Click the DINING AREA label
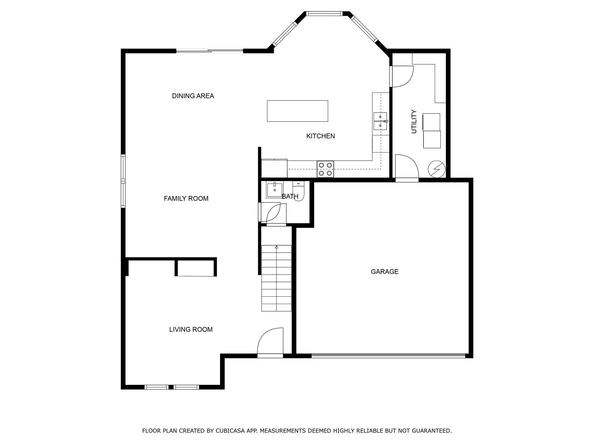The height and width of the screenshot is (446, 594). pyautogui.click(x=193, y=96)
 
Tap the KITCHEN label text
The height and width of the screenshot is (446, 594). pyautogui.click(x=320, y=136)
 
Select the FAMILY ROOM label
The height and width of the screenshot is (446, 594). pyautogui.click(x=186, y=199)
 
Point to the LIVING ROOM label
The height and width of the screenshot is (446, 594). pyautogui.click(x=191, y=330)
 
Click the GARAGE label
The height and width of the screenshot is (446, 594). pyautogui.click(x=385, y=272)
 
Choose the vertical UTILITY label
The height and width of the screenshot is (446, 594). pyautogui.click(x=414, y=121)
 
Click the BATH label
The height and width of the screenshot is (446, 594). pyautogui.click(x=290, y=197)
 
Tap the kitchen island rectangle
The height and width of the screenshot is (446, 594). pyautogui.click(x=297, y=111)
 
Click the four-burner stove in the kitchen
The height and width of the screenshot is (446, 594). pyautogui.click(x=325, y=169)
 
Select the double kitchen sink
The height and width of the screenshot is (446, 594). pyautogui.click(x=380, y=121)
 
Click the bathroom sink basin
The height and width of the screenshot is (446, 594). pyautogui.click(x=274, y=190)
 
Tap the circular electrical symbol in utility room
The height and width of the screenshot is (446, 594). pyautogui.click(x=437, y=169)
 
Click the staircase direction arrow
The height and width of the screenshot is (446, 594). pyautogui.click(x=276, y=247)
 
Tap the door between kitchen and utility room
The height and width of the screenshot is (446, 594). pyautogui.click(x=402, y=76)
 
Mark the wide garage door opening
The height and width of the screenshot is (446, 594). pyautogui.click(x=388, y=355)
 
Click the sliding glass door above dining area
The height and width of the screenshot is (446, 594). pyautogui.click(x=209, y=51)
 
